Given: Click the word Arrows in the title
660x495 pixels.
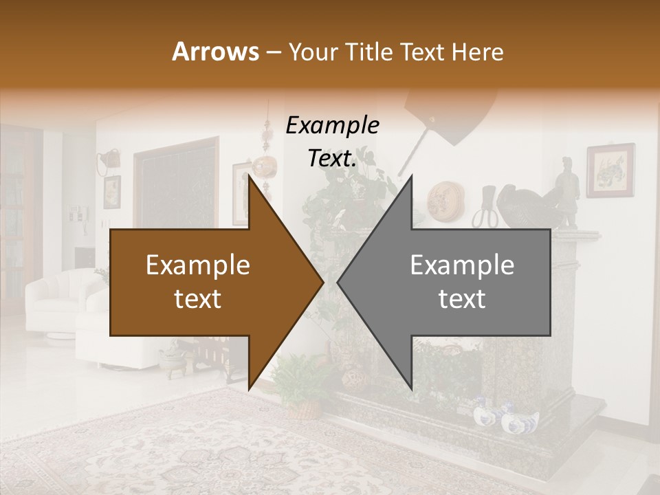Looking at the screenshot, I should click(214, 52).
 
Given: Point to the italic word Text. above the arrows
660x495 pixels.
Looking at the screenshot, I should click(332, 159).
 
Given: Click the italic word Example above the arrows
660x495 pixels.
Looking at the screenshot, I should click(332, 126).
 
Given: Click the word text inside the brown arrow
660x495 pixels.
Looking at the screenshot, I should click(197, 298).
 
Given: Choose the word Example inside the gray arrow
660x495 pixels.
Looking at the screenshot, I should click(462, 265).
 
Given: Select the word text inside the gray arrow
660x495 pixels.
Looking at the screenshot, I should click(462, 298).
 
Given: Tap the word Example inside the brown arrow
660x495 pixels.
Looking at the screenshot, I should click(197, 265).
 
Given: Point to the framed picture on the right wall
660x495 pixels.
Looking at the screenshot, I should click(610, 170).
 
